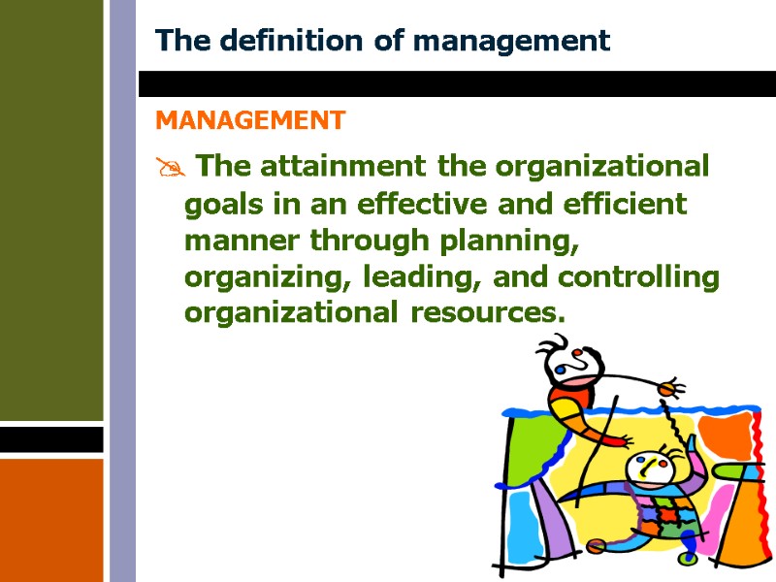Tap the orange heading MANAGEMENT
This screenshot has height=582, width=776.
(x=250, y=120)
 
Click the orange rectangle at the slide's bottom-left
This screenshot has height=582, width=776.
(x=51, y=519)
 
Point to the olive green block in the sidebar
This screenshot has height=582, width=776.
(x=51, y=209)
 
